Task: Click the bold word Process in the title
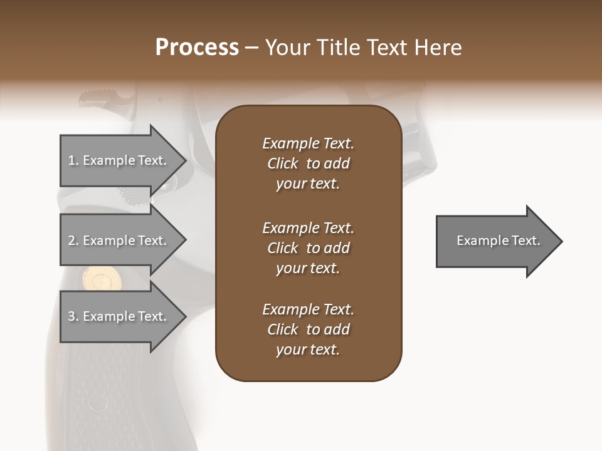coord(197,48)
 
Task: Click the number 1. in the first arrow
coord(73,160)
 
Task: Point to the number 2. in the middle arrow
coord(73,241)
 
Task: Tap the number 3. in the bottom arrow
coord(73,316)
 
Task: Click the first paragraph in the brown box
coord(308,163)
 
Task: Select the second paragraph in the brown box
coord(308,248)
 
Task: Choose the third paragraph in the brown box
coord(308,329)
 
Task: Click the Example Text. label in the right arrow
coord(498,241)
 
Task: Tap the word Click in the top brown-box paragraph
coord(282,163)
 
